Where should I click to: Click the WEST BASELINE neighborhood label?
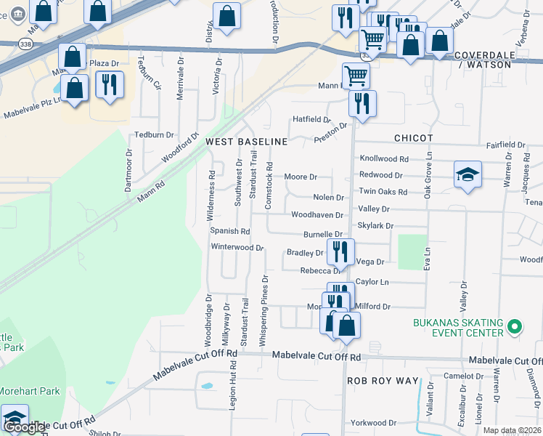pos(246,140)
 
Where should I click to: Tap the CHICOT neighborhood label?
pos(413,138)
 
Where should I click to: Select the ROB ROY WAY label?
pos(383,381)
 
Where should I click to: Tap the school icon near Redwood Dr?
pos(468,175)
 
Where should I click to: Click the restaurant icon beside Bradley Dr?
pos(340,251)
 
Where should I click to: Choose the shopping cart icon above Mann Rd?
pos(356,74)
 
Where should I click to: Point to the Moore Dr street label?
pos(301,177)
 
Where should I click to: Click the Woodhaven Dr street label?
pos(317,215)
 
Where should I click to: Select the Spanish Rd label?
pos(229,231)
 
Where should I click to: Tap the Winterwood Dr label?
pos(237,247)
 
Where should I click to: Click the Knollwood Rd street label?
pos(384,158)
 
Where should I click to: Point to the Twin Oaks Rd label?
pos(383,192)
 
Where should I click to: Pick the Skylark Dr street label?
pos(375,226)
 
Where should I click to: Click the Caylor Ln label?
pos(372,281)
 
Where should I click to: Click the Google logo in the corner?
pos(25,427)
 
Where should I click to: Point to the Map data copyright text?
pos(511,430)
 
